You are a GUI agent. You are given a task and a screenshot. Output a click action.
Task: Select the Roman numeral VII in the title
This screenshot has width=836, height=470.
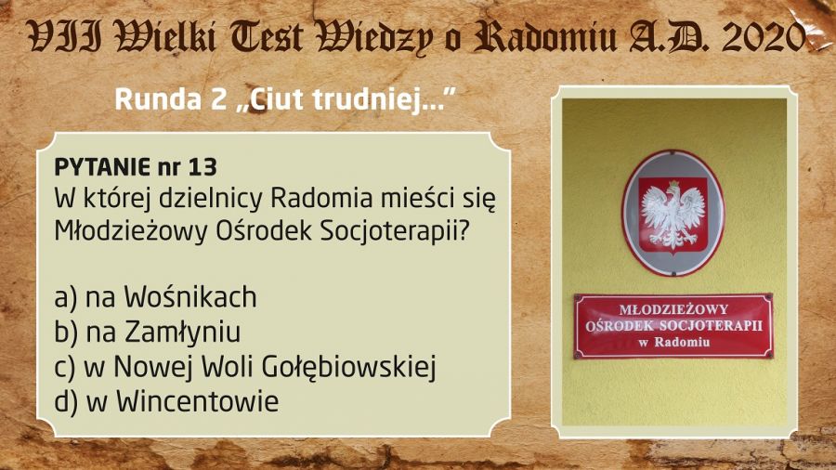65,37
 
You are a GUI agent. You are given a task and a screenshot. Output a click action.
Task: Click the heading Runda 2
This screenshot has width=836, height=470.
171,99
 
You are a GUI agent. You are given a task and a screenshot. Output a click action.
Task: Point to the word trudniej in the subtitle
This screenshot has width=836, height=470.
366,100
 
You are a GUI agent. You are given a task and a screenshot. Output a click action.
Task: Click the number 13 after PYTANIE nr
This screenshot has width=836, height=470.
202,167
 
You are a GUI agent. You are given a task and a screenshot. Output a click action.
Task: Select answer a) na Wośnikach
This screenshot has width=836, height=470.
155,297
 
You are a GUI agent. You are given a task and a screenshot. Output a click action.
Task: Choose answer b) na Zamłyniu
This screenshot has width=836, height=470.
147,332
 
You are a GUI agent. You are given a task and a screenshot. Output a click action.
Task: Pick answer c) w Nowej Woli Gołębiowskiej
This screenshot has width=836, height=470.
245,367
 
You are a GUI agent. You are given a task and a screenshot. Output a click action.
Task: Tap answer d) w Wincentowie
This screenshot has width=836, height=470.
166,401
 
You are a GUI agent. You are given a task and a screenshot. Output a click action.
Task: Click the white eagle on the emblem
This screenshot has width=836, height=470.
673,215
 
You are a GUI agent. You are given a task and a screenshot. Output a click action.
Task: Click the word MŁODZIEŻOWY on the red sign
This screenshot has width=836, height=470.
673,309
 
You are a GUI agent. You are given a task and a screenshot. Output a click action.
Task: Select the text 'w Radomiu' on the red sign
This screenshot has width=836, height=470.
674,342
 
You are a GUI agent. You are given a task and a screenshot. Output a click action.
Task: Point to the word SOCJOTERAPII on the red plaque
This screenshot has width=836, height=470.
712,326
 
